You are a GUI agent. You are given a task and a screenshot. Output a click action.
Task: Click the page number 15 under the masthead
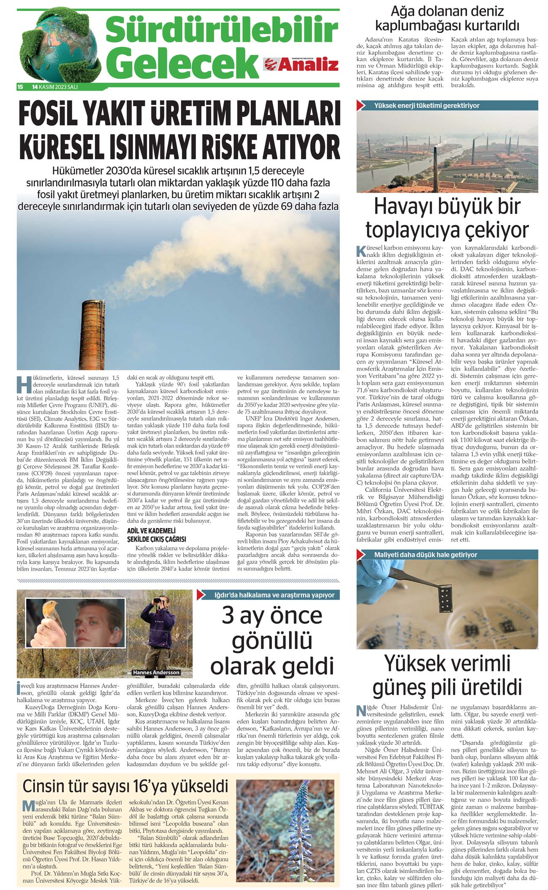point(20,87)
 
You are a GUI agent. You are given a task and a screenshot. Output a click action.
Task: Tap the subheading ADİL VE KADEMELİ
point(151,531)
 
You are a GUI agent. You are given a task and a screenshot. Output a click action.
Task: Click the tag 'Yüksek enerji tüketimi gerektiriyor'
point(426,105)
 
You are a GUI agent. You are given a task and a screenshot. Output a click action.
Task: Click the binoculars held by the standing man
point(159,600)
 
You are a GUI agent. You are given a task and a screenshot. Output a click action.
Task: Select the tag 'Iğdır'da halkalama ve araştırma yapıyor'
point(274,595)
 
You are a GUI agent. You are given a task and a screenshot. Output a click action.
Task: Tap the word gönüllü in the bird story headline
point(272,641)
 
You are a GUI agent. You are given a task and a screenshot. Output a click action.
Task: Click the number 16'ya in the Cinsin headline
point(177,786)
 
